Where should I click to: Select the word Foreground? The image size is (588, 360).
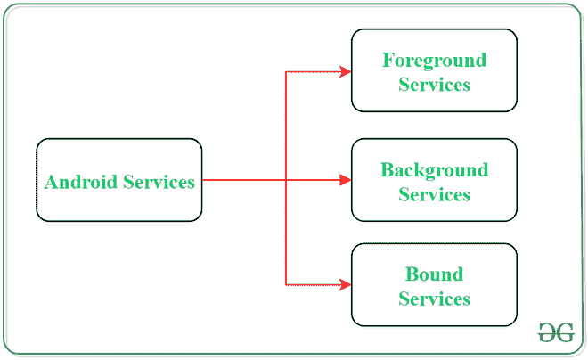point(434,61)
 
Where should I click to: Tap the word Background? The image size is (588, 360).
point(434,169)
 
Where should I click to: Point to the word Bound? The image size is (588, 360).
point(434,274)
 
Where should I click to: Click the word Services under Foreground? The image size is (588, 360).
point(434,85)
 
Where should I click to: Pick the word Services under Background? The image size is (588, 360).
point(434,194)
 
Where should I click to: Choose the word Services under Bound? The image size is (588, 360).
point(434,299)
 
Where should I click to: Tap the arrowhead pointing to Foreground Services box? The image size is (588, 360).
point(346,71)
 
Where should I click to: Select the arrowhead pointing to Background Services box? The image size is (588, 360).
point(346,180)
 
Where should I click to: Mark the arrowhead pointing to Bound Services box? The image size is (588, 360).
point(346,285)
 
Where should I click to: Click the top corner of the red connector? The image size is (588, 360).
point(285,71)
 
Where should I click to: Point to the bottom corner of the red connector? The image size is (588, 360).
point(285,285)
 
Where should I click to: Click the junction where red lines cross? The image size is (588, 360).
point(285,180)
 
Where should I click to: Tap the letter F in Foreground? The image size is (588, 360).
point(388,61)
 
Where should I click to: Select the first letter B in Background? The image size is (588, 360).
point(387,169)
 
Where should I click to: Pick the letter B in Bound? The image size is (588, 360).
point(412,274)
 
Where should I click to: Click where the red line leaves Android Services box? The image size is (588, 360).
point(204,180)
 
